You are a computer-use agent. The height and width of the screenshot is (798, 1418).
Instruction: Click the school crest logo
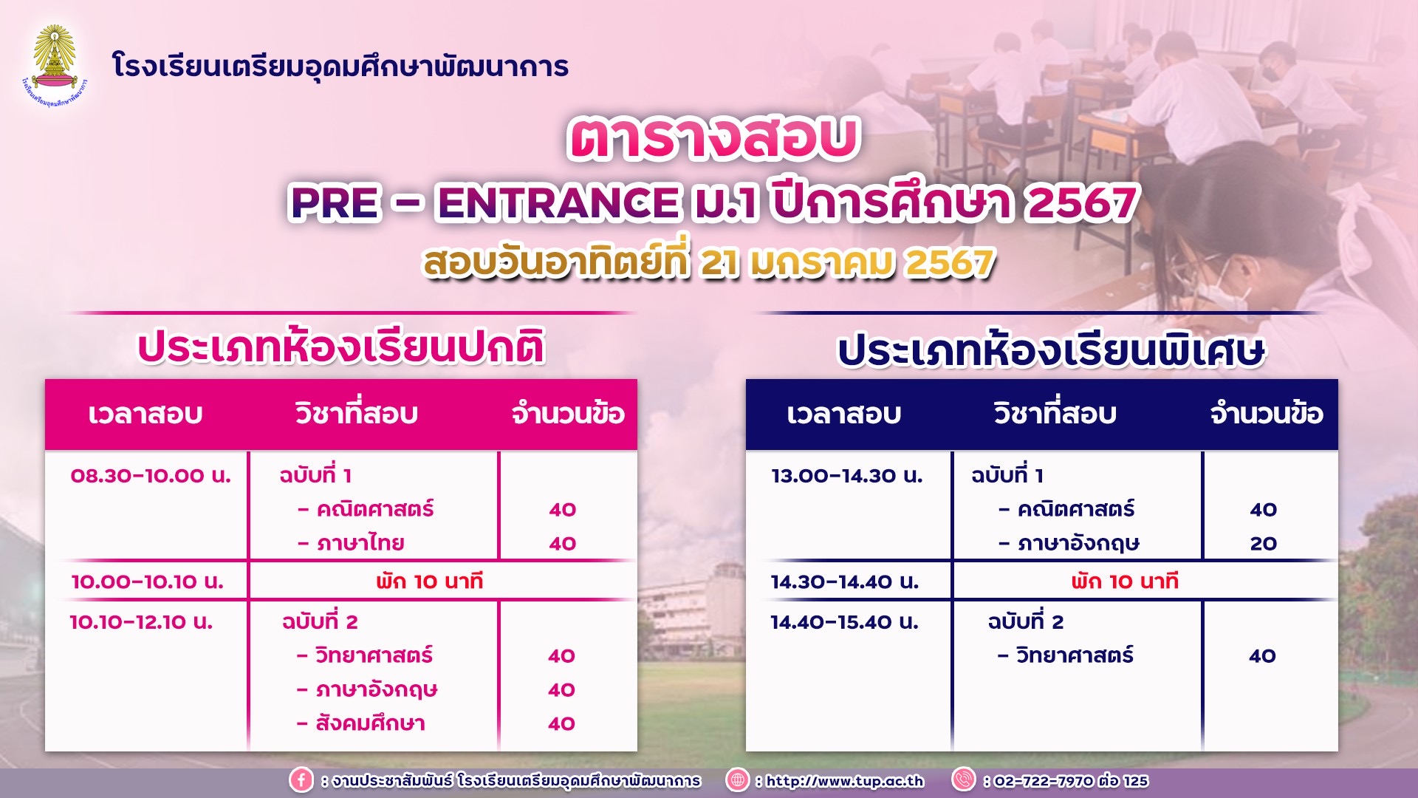55,65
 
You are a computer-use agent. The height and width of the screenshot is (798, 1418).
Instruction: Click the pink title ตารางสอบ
713,138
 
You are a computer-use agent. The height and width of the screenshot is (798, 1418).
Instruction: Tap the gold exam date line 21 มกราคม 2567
847,262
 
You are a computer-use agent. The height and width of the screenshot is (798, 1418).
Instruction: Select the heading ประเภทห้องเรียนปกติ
341,347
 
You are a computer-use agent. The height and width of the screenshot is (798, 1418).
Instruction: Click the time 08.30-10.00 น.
151,475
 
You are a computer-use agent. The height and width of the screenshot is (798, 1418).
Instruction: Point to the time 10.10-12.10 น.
141,621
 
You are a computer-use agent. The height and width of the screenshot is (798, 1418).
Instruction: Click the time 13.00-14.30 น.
846,475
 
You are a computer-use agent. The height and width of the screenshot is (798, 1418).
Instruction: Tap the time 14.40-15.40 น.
844,621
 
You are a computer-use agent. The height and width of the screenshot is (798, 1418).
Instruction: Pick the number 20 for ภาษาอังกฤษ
1263,543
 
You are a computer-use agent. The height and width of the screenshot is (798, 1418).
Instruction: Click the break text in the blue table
1124,582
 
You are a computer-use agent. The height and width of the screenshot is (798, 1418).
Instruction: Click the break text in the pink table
429,582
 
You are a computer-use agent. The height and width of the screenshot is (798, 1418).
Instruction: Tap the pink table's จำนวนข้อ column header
568,413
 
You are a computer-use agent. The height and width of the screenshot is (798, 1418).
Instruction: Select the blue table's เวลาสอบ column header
843,414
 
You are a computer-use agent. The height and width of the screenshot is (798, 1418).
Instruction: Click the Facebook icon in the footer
301,780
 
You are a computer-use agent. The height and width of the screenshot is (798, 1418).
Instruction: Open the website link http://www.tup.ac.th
844,780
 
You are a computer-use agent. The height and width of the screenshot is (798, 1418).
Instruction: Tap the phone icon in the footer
964,780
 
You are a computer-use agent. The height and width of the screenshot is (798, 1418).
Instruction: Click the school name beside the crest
340,66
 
